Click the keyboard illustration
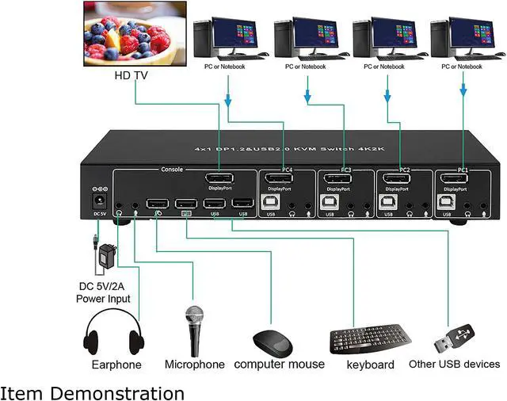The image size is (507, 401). tap(368, 340)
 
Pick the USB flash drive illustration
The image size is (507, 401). tap(454, 338)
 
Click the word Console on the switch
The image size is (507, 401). tap(172, 169)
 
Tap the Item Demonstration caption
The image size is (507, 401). tap(92, 391)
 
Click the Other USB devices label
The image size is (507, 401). tap(454, 365)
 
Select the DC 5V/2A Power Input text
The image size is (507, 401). tap(103, 293)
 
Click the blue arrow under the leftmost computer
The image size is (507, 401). tap(228, 100)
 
